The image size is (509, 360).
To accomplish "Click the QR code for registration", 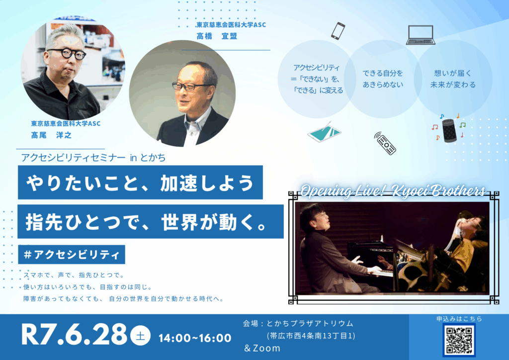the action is click(459, 340).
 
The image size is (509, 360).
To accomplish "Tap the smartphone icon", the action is click(338, 31).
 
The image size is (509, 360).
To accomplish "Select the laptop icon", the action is click(421, 35).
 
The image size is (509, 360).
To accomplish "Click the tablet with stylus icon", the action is click(324, 132).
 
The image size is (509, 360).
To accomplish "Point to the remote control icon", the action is click(385, 143).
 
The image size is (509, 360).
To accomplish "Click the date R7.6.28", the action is click(74, 334).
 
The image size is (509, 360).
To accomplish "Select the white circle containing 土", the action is click(140, 336).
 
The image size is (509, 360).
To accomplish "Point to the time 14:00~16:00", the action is click(195, 338).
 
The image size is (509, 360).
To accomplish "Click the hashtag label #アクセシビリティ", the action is click(72, 255).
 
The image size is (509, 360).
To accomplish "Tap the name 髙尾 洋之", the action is click(51, 135).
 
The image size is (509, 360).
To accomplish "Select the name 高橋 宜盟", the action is click(217, 36).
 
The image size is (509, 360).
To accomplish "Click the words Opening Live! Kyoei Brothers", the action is click(393, 191).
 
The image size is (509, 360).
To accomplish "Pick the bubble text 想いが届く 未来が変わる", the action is click(453, 79).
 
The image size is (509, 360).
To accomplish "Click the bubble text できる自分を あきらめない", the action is click(383, 79).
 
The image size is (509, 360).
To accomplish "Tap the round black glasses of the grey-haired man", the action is click(67, 53).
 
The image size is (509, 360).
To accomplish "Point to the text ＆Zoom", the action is click(262, 348).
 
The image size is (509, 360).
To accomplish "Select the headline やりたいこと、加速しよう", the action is click(140, 182).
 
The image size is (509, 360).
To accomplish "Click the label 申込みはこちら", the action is click(459, 319).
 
